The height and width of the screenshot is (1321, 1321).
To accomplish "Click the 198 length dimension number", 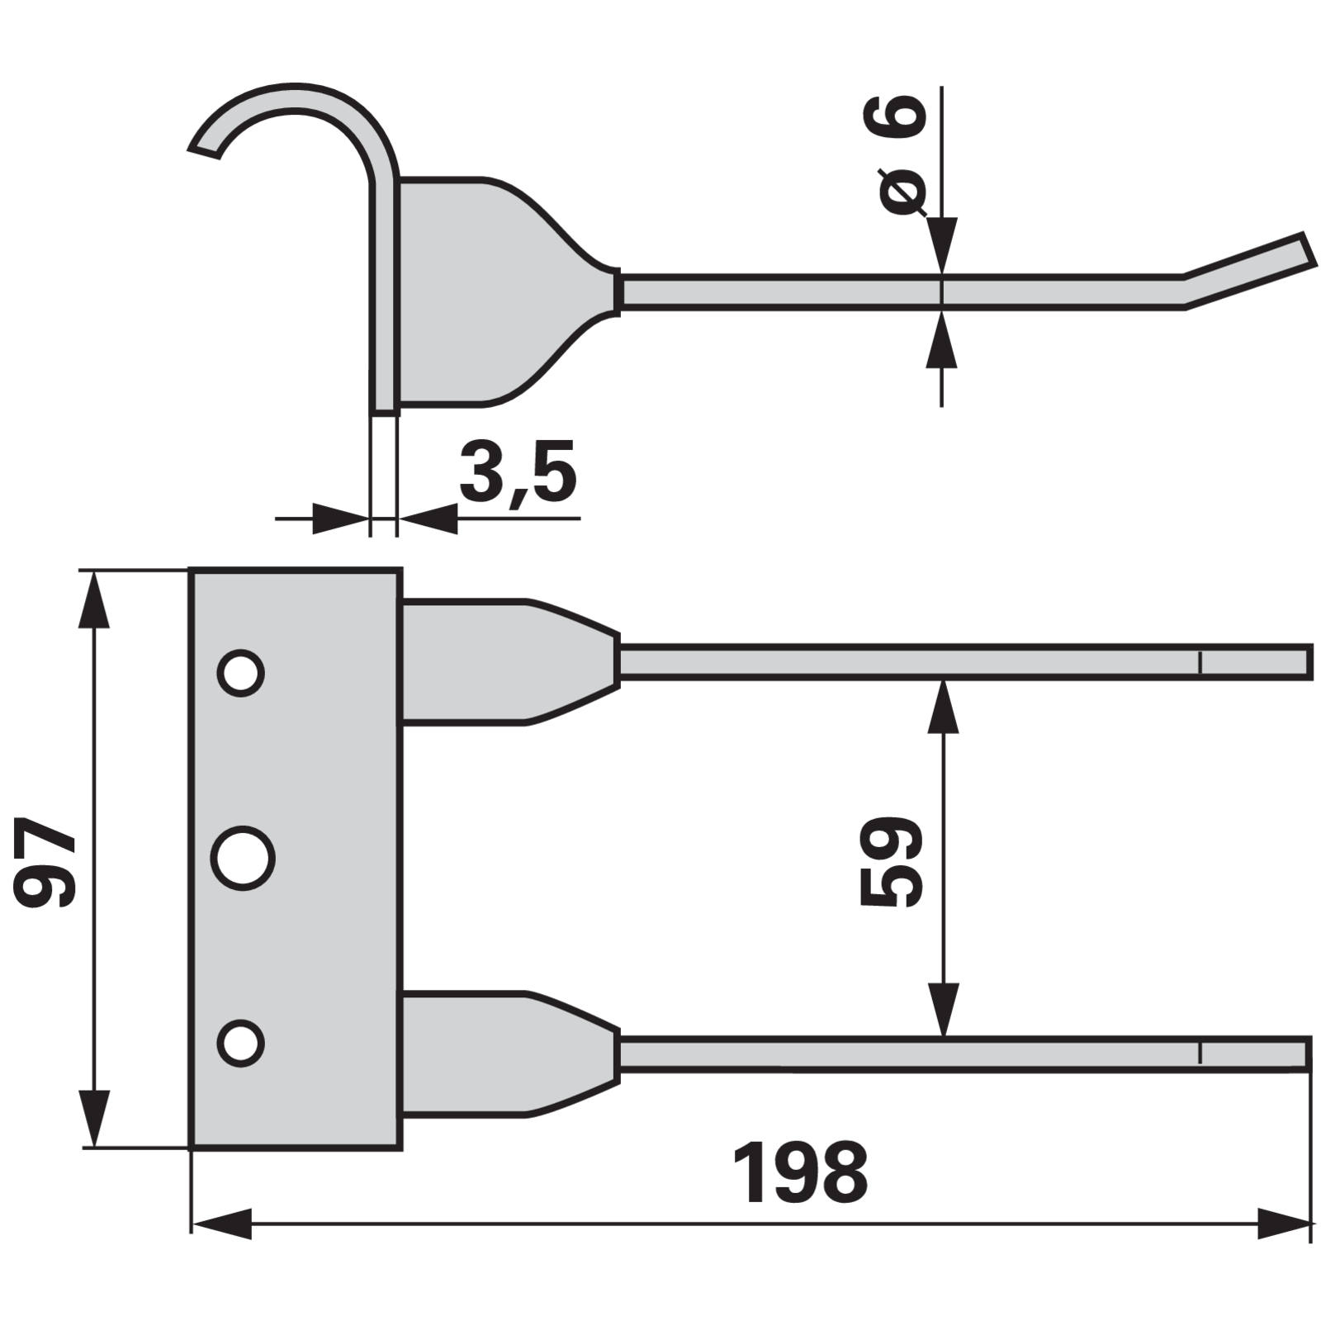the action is point(800,1173).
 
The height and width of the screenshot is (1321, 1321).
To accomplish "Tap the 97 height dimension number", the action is point(45,862).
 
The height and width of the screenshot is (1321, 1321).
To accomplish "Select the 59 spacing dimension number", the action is point(891,862).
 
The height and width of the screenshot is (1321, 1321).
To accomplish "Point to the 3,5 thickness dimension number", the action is point(518,472).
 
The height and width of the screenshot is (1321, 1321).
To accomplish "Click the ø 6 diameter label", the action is point(893,154).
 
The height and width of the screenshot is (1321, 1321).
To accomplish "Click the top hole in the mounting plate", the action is point(240,673).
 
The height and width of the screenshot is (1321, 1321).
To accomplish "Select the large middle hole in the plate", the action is point(243,859).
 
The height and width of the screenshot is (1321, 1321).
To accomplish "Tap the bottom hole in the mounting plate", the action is point(240,1043).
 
